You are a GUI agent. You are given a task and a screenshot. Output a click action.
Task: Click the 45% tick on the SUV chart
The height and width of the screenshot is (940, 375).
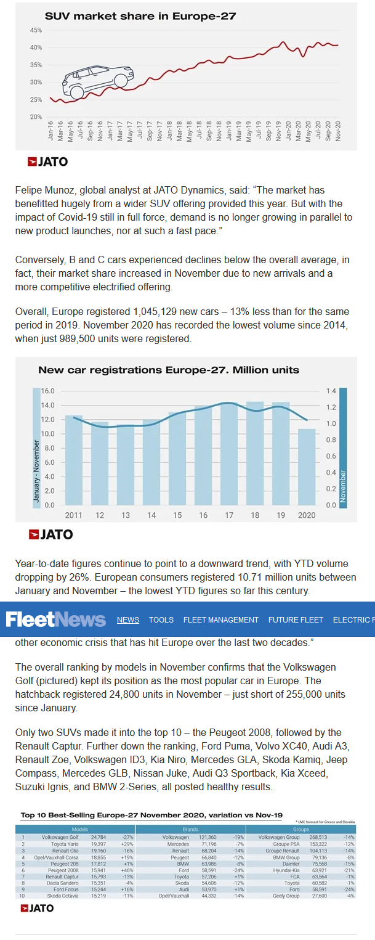[x=36, y=30]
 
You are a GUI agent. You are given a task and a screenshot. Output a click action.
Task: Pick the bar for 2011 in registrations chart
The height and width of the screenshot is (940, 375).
[x=74, y=460]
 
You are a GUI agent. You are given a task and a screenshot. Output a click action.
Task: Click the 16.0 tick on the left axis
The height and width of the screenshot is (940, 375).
[x=48, y=391]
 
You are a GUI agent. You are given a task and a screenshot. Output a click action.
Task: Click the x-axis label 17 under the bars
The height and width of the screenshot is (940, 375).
[x=229, y=515]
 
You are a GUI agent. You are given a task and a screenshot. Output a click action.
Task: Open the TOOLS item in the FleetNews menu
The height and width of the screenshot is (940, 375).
[x=161, y=619]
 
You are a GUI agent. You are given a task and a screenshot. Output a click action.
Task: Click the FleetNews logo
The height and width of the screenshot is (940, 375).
[x=56, y=619]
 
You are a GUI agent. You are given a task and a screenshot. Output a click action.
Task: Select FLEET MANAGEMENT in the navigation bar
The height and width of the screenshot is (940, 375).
[x=221, y=619]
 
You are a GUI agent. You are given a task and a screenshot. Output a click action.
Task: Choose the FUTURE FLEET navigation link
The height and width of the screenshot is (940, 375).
[x=296, y=619]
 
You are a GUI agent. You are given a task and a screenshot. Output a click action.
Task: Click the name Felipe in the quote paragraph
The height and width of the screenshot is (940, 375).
[x=30, y=191]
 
